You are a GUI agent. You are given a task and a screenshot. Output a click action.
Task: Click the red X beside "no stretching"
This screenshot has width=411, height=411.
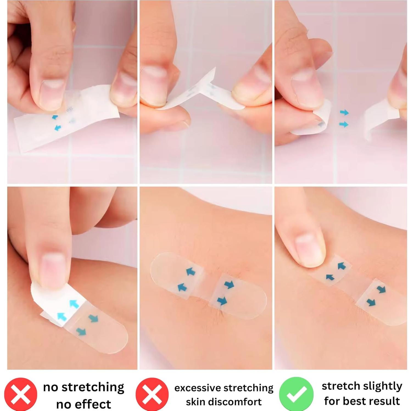click(x=21, y=394)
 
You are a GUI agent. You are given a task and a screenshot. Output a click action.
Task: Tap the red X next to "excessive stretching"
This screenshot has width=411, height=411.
click(x=152, y=394)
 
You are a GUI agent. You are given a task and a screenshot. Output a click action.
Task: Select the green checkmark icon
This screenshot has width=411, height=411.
click(x=296, y=394)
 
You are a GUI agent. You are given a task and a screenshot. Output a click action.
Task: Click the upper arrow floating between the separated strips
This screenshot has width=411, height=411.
click(x=344, y=112)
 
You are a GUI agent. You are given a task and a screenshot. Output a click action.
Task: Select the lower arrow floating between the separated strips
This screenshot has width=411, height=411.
click(x=344, y=125)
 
